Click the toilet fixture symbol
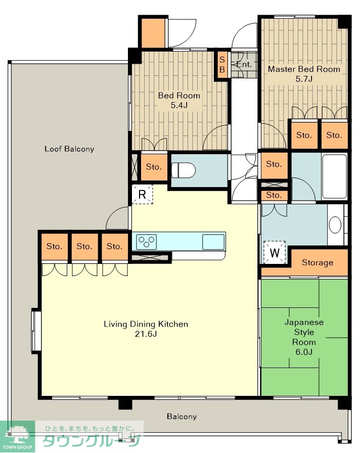tap(184, 170)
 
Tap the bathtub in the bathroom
tap(334, 176)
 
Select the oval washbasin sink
tap(335, 225)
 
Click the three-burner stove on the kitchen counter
tap(147, 242)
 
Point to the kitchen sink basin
tap(213, 242)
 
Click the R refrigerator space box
tap(142, 195)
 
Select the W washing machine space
tap(275, 252)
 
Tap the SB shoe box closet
tap(222, 65)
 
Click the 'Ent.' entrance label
tap(244, 64)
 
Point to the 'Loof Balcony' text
tap(69, 149)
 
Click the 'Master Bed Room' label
tap(304, 69)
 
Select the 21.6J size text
tap(146, 334)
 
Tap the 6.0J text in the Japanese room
tap(304, 352)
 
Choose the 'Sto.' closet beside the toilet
tap(154, 167)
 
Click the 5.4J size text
tap(179, 105)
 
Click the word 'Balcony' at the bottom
tap(182, 416)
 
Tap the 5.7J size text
tap(304, 79)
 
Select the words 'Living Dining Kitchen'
tap(146, 324)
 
